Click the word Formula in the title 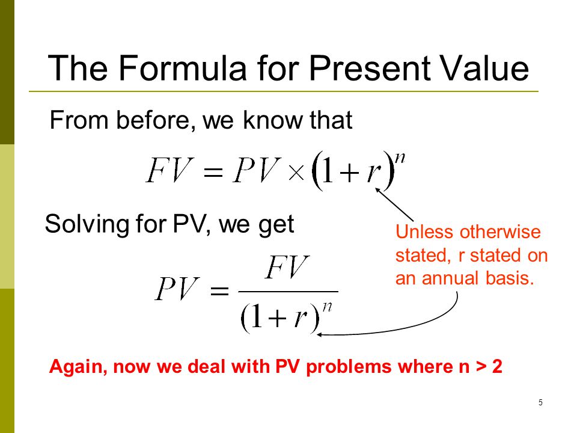183,68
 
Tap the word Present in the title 369,69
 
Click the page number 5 540,402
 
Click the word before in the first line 156,120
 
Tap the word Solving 87,224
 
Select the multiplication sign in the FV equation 296,173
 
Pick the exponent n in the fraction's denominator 327,307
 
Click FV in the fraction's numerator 287,267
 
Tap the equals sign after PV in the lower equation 219,292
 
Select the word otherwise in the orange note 500,232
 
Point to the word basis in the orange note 509,278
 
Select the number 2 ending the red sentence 497,367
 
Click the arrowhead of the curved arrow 319,335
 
